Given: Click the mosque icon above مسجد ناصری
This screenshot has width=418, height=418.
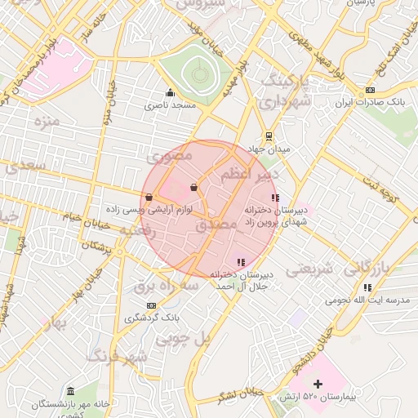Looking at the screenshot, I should pyautogui.click(x=170, y=92).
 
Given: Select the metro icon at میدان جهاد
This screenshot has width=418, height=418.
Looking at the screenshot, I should pyautogui.click(x=268, y=136).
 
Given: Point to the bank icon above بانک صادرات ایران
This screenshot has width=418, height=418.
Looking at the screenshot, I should pyautogui.click(x=371, y=90).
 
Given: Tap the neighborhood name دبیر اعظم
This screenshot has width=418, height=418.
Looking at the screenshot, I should pyautogui.click(x=250, y=174).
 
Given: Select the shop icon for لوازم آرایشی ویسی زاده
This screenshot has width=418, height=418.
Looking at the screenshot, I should pyautogui.click(x=149, y=197).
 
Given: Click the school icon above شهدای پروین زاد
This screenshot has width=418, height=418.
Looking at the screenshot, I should pyautogui.click(x=275, y=197).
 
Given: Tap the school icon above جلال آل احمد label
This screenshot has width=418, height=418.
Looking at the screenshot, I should pyautogui.click(x=240, y=262).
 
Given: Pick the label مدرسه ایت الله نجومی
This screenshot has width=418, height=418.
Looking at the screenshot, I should pyautogui.click(x=367, y=300).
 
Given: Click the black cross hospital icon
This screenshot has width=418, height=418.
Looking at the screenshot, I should pyautogui.click(x=318, y=383).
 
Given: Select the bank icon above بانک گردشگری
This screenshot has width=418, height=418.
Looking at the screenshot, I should pyautogui.click(x=150, y=305).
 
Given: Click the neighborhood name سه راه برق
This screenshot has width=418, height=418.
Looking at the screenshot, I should pyautogui.click(x=167, y=287).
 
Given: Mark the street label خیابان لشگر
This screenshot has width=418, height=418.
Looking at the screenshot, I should pyautogui.click(x=238, y=395).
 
